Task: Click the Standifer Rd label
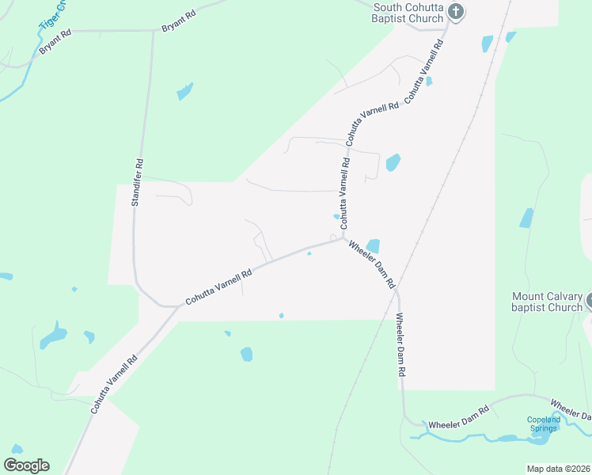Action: [137, 183]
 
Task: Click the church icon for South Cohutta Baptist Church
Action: [456, 11]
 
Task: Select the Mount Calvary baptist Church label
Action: [546, 302]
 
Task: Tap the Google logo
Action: [26, 465]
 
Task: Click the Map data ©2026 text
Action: [559, 469]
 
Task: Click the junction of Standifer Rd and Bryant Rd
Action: [153, 31]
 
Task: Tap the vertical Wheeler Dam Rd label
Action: [401, 344]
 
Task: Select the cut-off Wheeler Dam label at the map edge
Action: [571, 409]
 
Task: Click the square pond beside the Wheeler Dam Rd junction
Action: [373, 246]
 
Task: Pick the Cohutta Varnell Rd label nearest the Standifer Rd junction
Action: [218, 287]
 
